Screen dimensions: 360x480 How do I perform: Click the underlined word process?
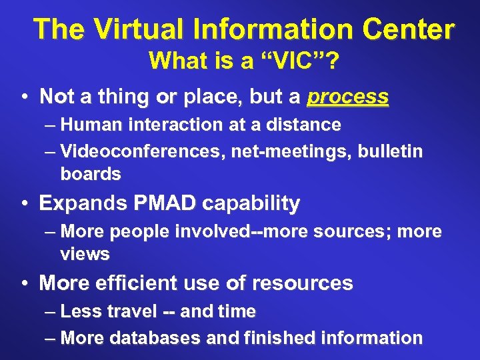click(x=347, y=97)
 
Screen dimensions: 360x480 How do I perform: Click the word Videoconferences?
click(x=143, y=152)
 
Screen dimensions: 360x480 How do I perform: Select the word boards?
click(x=91, y=175)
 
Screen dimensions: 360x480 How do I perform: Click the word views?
click(x=85, y=254)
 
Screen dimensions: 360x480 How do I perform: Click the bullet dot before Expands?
click(x=25, y=204)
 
